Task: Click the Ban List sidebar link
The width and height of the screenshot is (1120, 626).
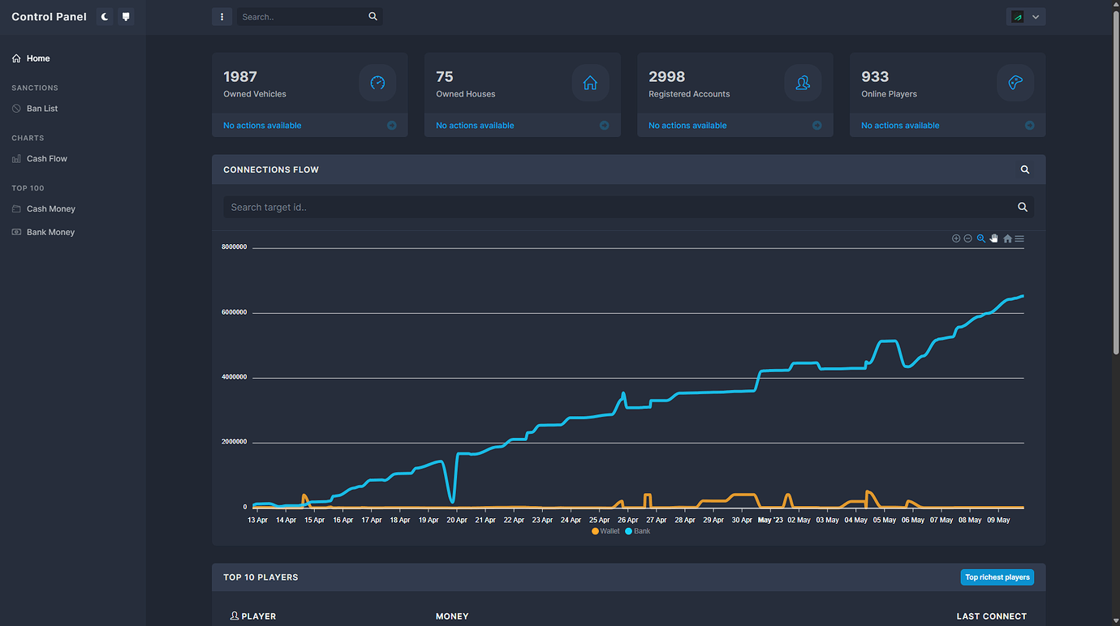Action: click(41, 109)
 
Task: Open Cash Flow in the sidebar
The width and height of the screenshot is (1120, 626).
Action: click(46, 159)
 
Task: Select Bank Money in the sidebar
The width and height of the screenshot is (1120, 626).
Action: click(50, 232)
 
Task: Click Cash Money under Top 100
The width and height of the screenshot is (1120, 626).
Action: click(50, 209)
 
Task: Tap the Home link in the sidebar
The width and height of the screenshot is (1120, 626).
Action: click(37, 58)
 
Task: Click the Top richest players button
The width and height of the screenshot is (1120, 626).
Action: click(997, 577)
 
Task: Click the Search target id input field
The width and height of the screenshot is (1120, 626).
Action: click(617, 208)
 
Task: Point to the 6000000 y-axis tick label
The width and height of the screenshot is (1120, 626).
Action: click(234, 312)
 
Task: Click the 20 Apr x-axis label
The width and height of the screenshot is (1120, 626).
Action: click(457, 520)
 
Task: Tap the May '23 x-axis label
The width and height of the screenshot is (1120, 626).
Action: click(769, 520)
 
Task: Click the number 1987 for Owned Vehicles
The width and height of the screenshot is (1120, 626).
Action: click(240, 77)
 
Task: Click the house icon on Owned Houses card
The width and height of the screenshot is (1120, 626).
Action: click(590, 83)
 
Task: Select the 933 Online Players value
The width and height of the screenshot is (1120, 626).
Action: click(875, 77)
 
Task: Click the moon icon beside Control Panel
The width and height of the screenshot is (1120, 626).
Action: click(105, 16)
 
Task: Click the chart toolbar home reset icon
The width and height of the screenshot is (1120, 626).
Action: click(1007, 238)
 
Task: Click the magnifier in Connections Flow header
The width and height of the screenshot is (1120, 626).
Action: click(1024, 169)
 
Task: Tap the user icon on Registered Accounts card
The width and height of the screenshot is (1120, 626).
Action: click(803, 83)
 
